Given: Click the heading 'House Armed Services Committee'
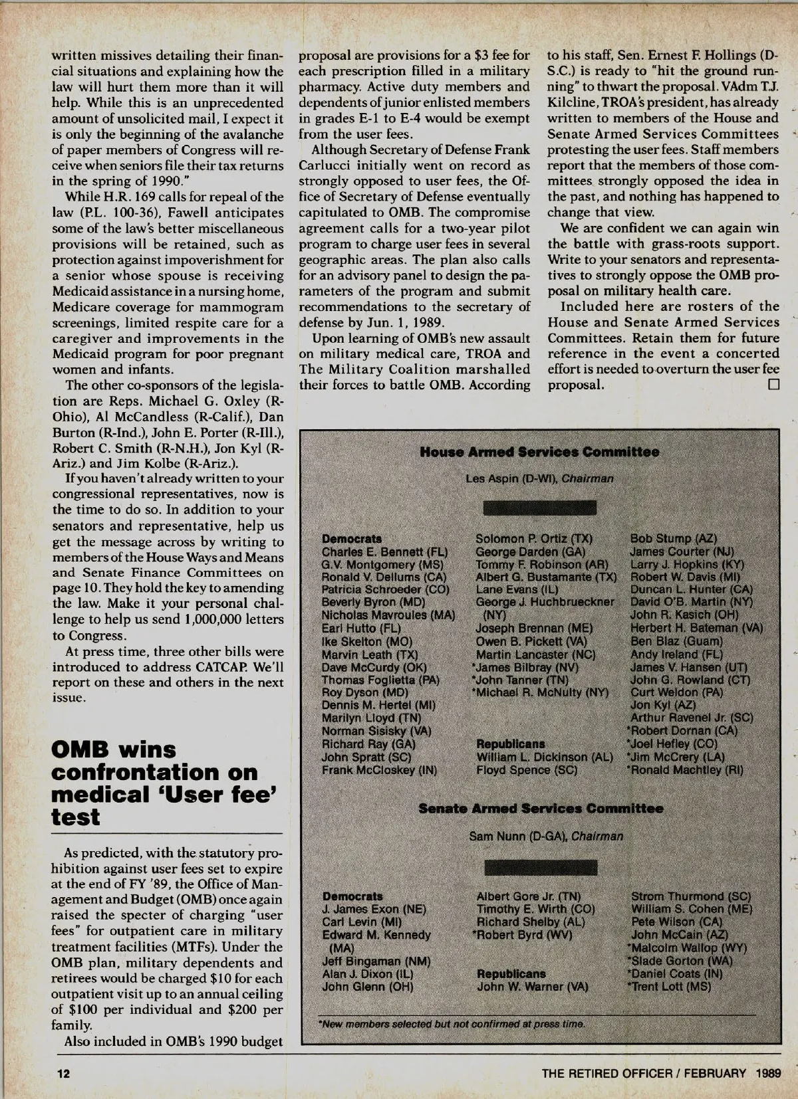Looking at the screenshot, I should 540,452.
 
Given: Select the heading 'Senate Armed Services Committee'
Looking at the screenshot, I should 541,808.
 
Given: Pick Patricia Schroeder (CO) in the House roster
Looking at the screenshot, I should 386,589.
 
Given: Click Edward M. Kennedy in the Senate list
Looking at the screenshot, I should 376,934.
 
